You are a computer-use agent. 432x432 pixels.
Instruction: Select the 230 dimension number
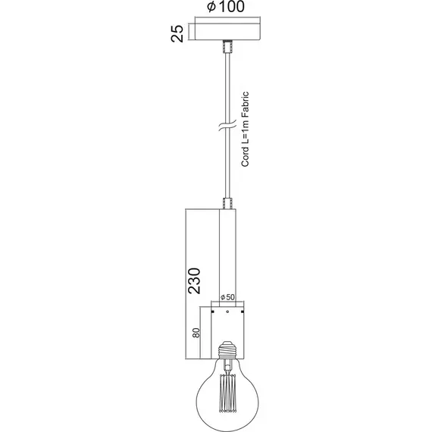[194, 279]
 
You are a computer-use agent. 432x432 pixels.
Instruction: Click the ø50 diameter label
[225, 297]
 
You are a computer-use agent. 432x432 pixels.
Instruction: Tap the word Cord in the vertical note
[244, 159]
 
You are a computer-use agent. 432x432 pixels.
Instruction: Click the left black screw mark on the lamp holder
[214, 311]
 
